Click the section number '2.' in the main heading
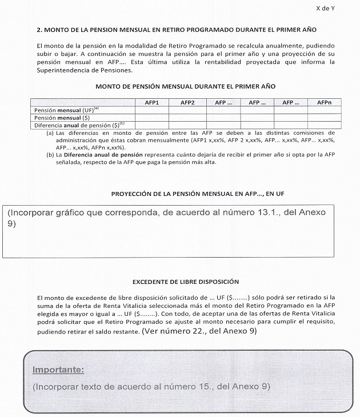coord(39,29)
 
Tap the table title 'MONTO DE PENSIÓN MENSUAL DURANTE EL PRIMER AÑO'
coord(186,86)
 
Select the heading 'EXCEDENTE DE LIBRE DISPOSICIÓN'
coord(185,282)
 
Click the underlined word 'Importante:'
coord(58,370)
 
